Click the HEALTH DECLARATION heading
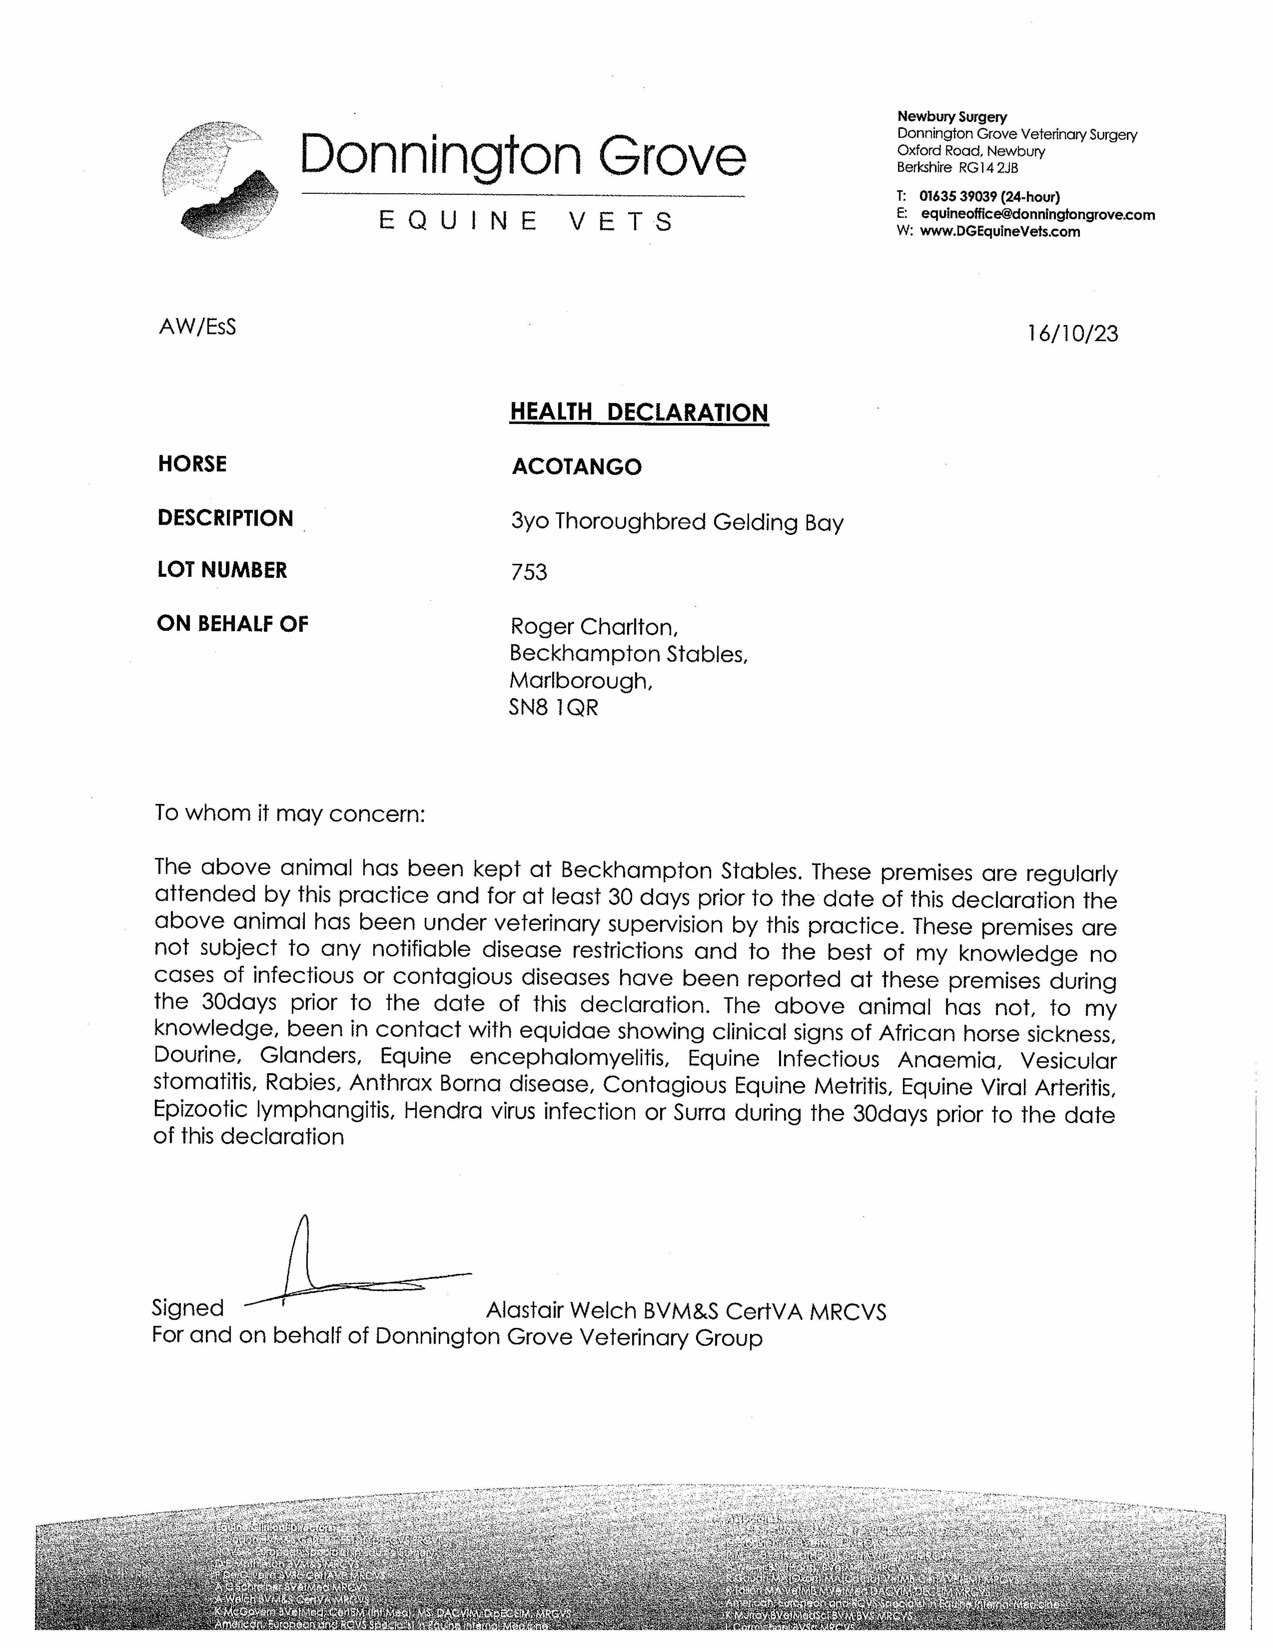tap(638, 412)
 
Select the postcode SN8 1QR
tap(553, 708)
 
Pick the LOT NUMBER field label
tap(222, 570)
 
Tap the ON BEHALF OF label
tap(232, 623)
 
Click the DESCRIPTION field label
tap(225, 518)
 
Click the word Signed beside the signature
tap(188, 1308)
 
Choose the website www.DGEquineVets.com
tap(1000, 232)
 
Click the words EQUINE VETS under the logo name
tap(525, 221)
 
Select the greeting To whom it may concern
tap(290, 813)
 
